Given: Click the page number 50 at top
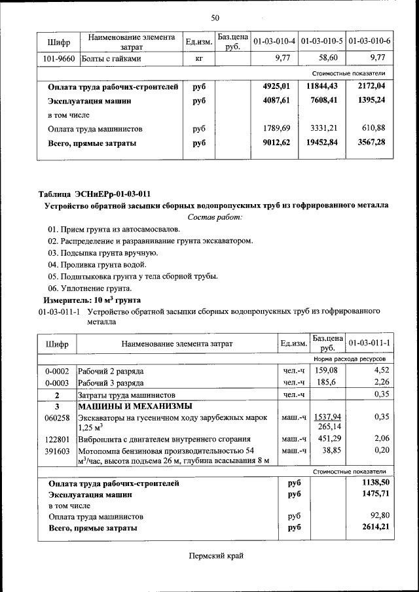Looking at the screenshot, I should pos(215,17).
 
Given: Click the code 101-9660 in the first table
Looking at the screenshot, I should pos(58,58).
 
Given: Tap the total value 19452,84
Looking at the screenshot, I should pos(321,142).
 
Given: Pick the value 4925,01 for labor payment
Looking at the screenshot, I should pos(276,86).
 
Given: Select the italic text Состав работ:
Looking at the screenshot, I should pos(215,217).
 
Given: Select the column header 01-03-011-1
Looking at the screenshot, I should pos(369,343).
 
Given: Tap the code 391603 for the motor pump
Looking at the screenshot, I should pos(57,451).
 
